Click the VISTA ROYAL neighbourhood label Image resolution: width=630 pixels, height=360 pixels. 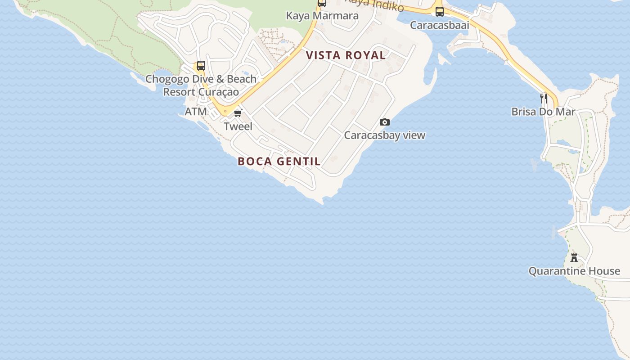346,55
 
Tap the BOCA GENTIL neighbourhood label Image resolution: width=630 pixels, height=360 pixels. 279,161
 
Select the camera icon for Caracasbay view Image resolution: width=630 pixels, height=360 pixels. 385,122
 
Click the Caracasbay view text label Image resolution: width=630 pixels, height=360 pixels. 385,135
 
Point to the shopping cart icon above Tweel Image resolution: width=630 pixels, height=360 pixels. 238,113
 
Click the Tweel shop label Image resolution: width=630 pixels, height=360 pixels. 238,126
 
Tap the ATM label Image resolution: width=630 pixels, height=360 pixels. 196,111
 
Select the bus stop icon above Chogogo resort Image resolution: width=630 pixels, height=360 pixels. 201,66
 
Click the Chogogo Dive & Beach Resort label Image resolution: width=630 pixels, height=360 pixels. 201,79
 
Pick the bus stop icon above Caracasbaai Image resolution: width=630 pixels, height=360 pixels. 440,12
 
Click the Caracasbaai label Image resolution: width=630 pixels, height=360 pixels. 440,25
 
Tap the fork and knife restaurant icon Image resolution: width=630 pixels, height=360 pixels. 544,98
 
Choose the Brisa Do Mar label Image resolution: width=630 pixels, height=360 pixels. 543,112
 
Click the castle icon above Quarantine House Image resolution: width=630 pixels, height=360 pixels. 574,258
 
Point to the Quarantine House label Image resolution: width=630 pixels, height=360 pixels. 574,271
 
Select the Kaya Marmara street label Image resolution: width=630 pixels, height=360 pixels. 322,16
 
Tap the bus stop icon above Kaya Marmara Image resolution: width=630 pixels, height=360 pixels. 322,3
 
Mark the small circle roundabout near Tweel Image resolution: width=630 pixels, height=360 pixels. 225,111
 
